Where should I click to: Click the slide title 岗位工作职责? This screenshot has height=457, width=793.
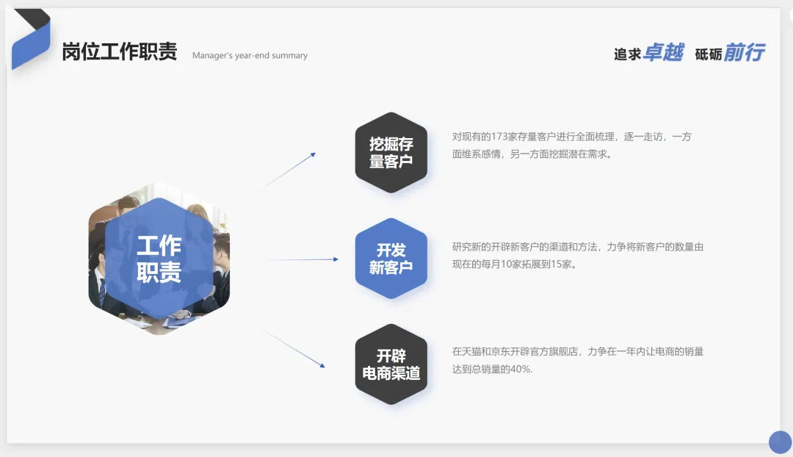pyautogui.click(x=120, y=52)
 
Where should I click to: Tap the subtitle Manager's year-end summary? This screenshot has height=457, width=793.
pyautogui.click(x=250, y=56)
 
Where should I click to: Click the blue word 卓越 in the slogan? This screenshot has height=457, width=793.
pyautogui.click(x=663, y=53)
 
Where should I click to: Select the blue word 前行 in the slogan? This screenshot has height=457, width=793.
pyautogui.click(x=744, y=53)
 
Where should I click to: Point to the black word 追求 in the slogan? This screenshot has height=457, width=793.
pyautogui.click(x=628, y=54)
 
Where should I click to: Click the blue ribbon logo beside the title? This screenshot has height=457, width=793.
pyautogui.click(x=31, y=40)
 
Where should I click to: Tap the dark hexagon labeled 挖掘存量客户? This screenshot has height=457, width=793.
pyautogui.click(x=391, y=153)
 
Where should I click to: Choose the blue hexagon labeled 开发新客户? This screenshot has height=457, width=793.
pyautogui.click(x=391, y=259)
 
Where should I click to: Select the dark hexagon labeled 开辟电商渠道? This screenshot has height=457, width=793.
pyautogui.click(x=391, y=364)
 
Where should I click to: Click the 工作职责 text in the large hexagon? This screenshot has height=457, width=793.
pyautogui.click(x=159, y=259)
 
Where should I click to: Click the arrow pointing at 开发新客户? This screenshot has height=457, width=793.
pyautogui.click(x=301, y=259)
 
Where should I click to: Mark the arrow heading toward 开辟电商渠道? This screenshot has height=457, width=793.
pyautogui.click(x=294, y=349)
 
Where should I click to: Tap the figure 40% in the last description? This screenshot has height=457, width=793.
pyautogui.click(x=520, y=370)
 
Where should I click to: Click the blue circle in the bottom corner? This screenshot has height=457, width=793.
pyautogui.click(x=780, y=442)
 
